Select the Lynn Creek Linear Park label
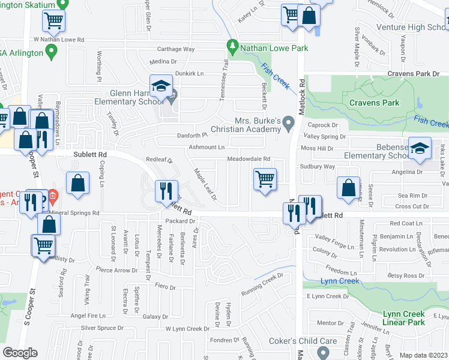tap(403, 318)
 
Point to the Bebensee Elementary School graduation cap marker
tap(420, 148)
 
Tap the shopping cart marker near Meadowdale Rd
tap(265, 179)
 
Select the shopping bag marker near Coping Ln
tap(78, 184)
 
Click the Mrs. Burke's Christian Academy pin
tap(289, 125)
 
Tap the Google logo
tap(20, 353)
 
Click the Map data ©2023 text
tap(423, 355)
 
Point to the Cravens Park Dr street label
tap(414, 74)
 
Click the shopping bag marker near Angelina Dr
tap(348, 188)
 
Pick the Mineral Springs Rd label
tap(75, 213)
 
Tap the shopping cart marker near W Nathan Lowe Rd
tap(53, 21)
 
